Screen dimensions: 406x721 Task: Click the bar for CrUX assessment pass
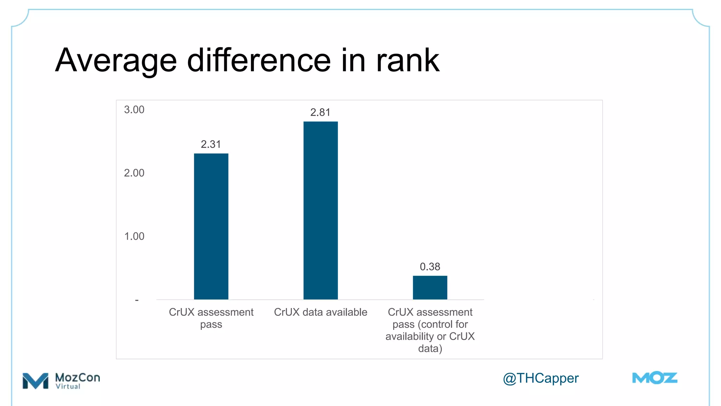point(211,226)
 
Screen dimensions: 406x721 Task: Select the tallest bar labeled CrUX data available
point(320,210)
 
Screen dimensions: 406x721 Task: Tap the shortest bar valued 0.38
point(430,288)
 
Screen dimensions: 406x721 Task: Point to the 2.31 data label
point(211,144)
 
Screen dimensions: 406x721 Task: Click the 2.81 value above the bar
point(320,112)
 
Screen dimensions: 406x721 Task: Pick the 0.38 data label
point(430,266)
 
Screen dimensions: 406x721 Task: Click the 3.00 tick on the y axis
point(134,110)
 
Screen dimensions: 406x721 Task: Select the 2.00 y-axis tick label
point(134,173)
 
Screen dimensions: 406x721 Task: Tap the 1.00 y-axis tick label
point(134,236)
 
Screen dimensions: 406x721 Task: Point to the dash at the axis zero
point(137,300)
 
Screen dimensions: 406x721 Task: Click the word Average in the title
point(116,61)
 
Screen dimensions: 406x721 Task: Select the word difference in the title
point(259,61)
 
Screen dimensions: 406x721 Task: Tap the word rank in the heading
point(408,61)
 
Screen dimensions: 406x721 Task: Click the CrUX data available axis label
point(320,312)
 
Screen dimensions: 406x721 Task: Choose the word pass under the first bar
point(211,324)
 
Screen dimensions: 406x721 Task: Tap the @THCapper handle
point(540,378)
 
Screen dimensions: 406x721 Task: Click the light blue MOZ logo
point(654,378)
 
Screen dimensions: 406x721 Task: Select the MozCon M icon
point(35,381)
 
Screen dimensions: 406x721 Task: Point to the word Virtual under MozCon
point(68,386)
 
